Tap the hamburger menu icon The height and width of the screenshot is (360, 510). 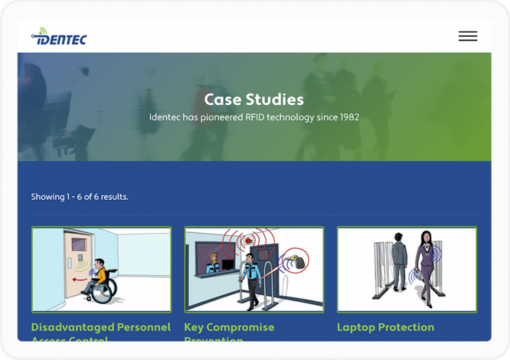coord(467,36)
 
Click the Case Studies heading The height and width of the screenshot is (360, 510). coord(254,100)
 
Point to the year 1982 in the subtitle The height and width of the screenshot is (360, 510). coord(348,118)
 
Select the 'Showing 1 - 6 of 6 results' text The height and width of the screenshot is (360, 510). coord(79,197)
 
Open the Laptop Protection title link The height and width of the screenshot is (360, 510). coord(385,327)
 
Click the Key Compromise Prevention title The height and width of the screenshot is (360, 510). coord(229,327)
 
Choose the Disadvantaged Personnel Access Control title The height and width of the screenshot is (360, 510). coord(101,327)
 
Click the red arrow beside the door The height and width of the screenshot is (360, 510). coord(83,278)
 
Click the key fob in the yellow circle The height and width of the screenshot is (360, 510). coord(300,263)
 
